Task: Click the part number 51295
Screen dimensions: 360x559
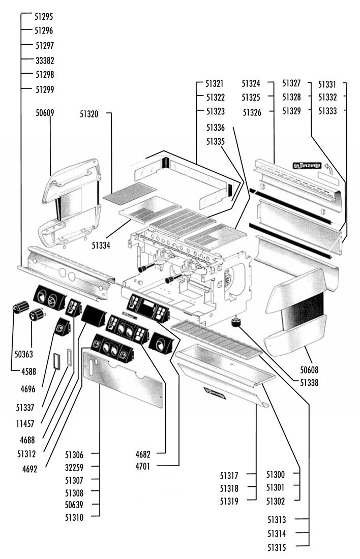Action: [x=44, y=16]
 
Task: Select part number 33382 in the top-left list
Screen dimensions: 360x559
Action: [x=45, y=60]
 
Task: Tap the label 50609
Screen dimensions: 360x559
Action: [x=45, y=113]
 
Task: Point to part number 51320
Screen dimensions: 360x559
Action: [x=89, y=114]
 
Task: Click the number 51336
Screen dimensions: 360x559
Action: [x=216, y=128]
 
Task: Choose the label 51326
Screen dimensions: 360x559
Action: [x=252, y=113]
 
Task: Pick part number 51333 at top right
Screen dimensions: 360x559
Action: [x=327, y=111]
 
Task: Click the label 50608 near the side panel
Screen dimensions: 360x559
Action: [x=309, y=370]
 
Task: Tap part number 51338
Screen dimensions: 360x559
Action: [x=309, y=383]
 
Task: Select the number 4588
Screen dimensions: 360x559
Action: [x=28, y=371]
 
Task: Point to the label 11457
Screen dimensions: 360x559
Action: [x=25, y=424]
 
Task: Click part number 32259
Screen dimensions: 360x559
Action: [x=74, y=468]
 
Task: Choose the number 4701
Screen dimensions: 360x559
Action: [x=143, y=466]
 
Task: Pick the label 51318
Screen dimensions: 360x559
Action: [x=229, y=488]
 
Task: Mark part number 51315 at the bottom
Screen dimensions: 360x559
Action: [x=277, y=547]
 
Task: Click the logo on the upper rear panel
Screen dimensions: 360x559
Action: [x=307, y=166]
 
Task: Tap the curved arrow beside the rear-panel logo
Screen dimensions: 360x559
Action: [x=328, y=169]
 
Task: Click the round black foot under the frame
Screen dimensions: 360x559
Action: [x=235, y=323]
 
